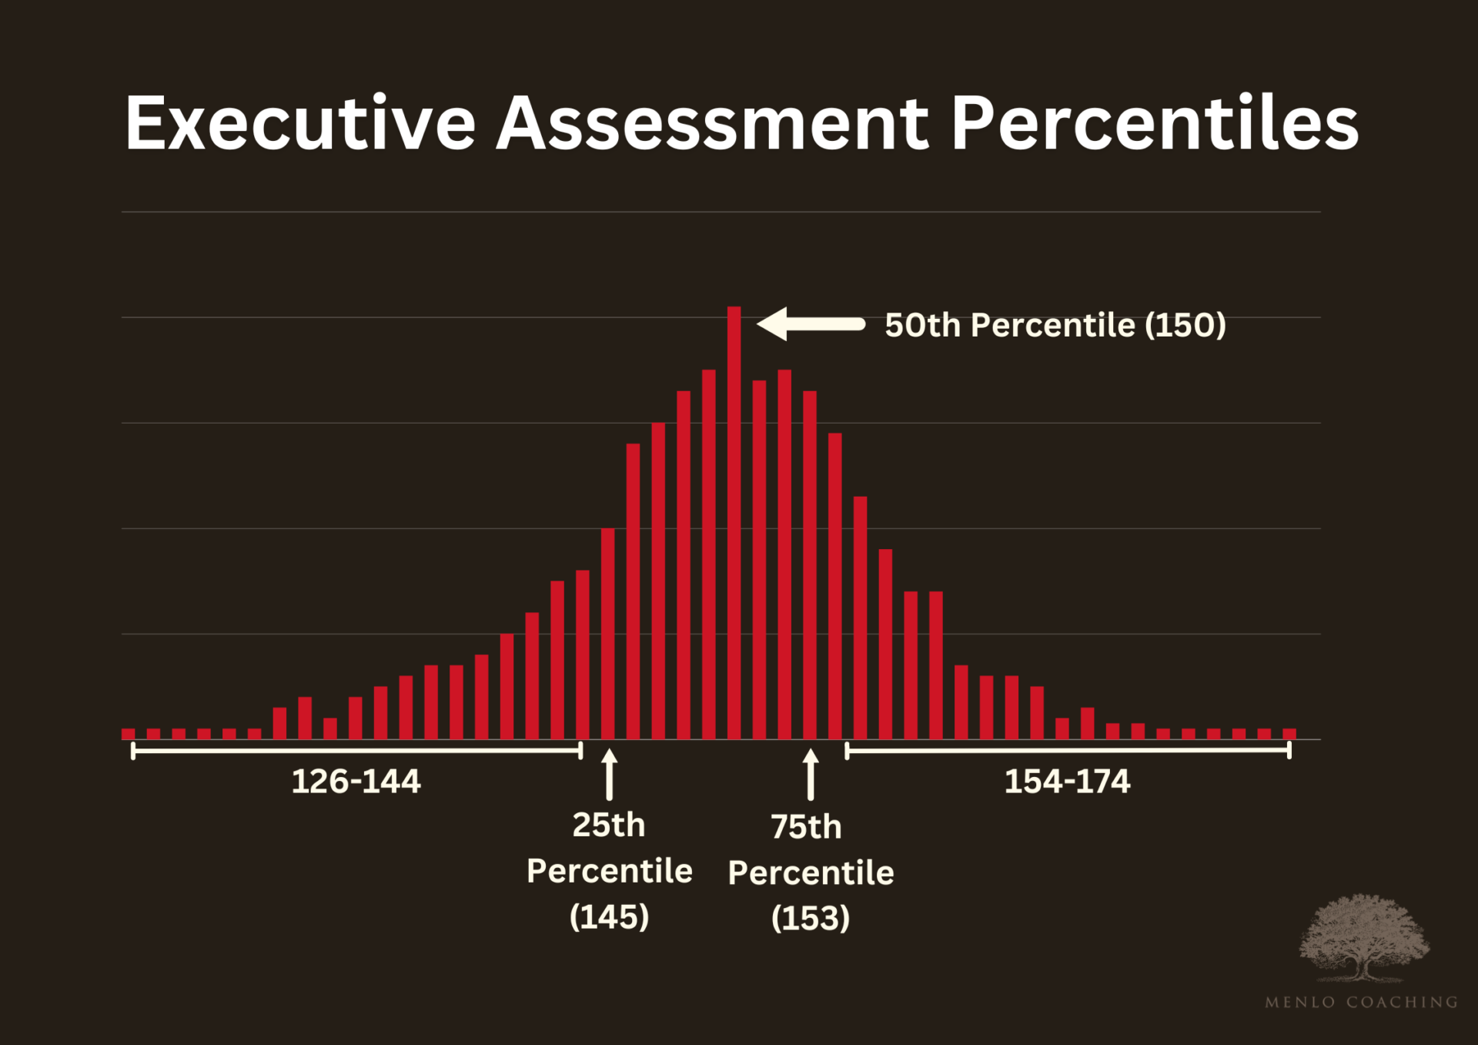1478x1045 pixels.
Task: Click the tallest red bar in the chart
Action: click(x=734, y=524)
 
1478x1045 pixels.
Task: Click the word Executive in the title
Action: click(x=300, y=123)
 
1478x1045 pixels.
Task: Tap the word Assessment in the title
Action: click(x=712, y=123)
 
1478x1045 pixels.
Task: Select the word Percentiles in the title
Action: click(x=1155, y=123)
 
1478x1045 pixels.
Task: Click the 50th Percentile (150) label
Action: click(x=1055, y=325)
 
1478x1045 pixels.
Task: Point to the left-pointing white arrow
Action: click(x=811, y=324)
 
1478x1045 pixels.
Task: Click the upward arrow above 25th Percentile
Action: click(x=609, y=774)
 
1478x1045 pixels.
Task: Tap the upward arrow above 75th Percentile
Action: click(x=810, y=774)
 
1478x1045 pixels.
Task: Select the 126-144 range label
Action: click(x=356, y=782)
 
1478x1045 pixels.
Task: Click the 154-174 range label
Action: click(x=1067, y=782)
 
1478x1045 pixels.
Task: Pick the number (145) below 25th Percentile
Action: click(x=609, y=916)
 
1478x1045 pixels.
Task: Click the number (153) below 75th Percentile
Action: click(x=810, y=918)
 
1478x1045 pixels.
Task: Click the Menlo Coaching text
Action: click(x=1361, y=1002)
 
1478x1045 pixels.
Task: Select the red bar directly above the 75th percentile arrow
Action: click(x=810, y=566)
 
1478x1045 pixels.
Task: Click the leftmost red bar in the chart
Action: click(x=129, y=734)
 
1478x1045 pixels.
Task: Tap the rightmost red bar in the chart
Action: click(x=1289, y=734)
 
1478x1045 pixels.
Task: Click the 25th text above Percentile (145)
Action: click(x=608, y=825)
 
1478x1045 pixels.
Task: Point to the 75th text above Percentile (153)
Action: click(x=806, y=827)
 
